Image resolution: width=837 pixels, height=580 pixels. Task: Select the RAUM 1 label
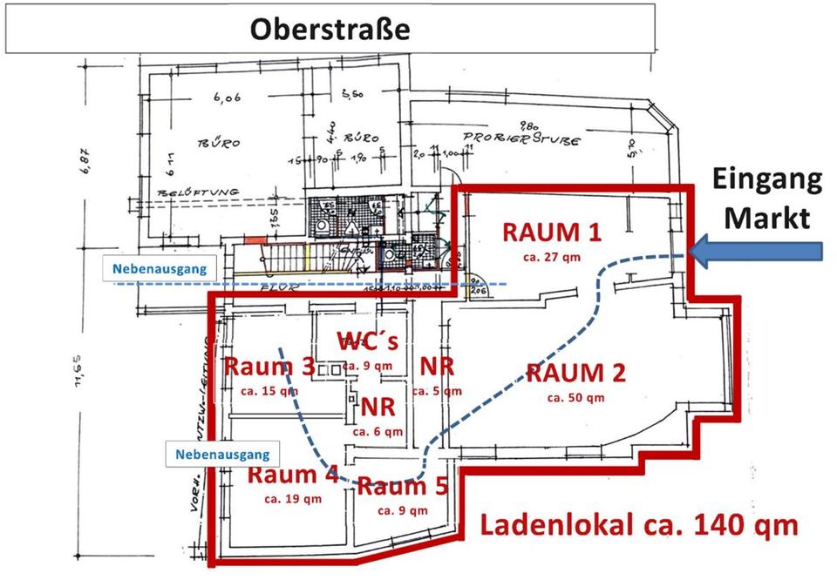(x=553, y=233)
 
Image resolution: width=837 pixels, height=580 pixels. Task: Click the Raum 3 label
(x=269, y=367)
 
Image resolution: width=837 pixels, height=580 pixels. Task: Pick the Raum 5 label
(x=402, y=486)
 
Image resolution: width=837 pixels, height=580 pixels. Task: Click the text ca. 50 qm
(x=576, y=398)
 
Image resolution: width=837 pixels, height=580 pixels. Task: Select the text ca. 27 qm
(x=553, y=256)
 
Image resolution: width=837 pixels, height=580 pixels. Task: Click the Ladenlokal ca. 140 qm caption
(x=638, y=526)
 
